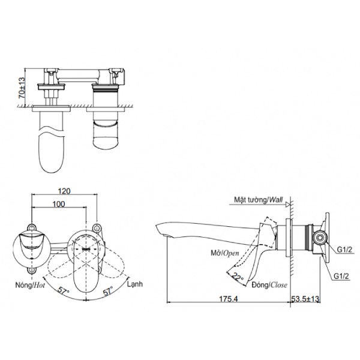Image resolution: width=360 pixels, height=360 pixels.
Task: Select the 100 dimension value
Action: click(59, 205)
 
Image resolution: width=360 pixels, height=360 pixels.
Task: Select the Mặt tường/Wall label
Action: click(259, 200)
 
